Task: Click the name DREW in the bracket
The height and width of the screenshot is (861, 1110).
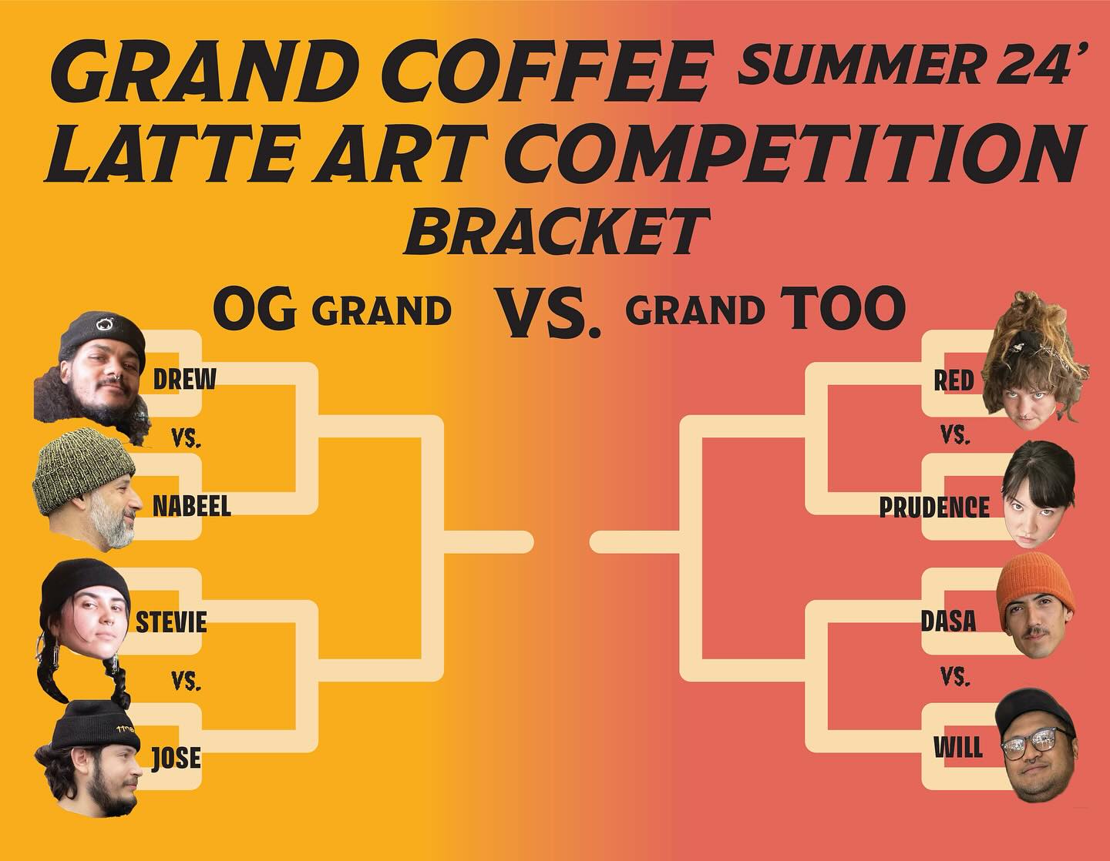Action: point(184,380)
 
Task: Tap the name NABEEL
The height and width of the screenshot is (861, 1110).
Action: point(192,506)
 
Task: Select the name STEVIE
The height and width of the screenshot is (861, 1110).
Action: point(171,622)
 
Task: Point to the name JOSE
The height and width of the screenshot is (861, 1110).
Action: point(177,758)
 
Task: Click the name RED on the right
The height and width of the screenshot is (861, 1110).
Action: point(954,380)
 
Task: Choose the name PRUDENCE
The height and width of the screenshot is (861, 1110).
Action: point(934,507)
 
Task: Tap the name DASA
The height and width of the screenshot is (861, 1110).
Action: point(948,621)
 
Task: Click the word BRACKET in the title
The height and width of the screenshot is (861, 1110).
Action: point(557,232)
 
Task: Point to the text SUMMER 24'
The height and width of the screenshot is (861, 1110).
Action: point(906,65)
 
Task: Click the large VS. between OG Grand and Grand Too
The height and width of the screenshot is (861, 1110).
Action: point(548,313)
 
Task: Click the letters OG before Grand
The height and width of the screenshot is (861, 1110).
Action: point(254,308)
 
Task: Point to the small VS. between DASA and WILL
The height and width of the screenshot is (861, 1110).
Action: point(955,677)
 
